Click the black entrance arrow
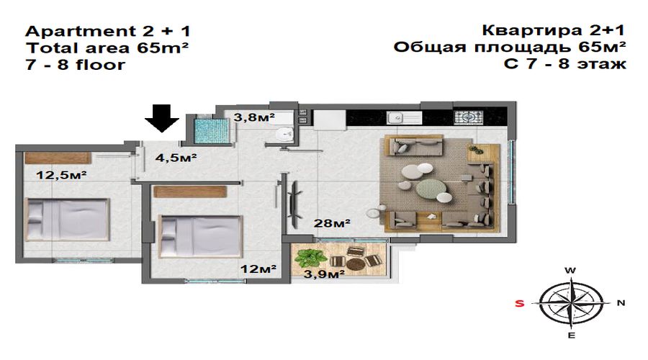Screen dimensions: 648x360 [x=162, y=118]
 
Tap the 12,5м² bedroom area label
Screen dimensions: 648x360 [x=61, y=175]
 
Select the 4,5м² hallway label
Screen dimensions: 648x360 [x=176, y=158]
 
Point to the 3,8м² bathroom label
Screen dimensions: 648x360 [x=254, y=117]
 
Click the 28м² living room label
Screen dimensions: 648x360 [x=332, y=223]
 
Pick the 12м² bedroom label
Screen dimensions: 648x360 [x=258, y=269]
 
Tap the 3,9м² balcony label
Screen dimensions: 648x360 [x=325, y=274]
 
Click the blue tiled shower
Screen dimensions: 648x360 [x=211, y=130]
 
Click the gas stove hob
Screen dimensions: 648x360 [x=468, y=117]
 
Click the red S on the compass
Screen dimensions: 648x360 [x=519, y=303]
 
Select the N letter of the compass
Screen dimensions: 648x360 [x=621, y=303]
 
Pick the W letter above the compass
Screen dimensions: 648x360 [x=570, y=271]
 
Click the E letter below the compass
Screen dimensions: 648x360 [x=572, y=336]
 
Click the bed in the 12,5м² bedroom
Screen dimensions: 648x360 [x=68, y=220]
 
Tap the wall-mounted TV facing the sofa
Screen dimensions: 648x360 [x=294, y=204]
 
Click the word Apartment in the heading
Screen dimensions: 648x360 [x=78, y=32]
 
